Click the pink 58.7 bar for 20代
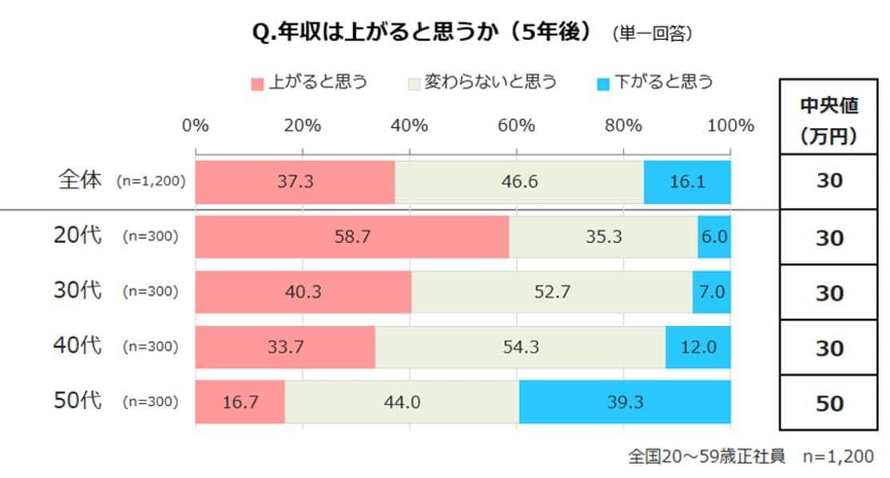tap(352, 237)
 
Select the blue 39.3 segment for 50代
tap(625, 402)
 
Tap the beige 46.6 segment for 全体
tap(519, 181)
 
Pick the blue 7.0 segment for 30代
tap(711, 292)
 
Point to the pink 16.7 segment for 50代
tap(240, 402)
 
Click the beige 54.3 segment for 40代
tap(520, 347)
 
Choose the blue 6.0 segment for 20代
tap(714, 237)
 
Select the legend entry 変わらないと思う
tap(483, 82)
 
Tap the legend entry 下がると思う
tap(655, 82)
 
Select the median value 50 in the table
tap(829, 403)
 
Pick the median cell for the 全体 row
tap(829, 181)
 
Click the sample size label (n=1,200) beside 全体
tap(150, 181)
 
